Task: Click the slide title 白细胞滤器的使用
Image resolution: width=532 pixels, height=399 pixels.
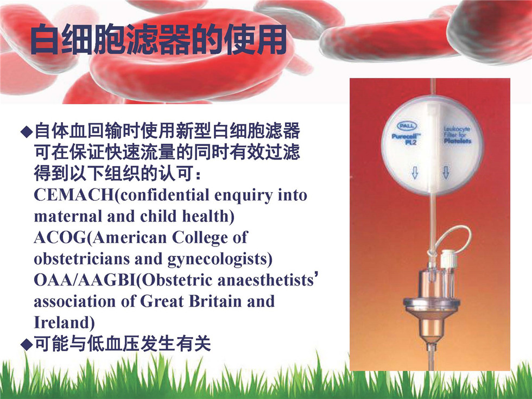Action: (x=159, y=39)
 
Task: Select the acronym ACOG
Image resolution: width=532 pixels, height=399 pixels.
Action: (x=60, y=237)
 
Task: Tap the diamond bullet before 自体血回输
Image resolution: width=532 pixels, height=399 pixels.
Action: (x=27, y=131)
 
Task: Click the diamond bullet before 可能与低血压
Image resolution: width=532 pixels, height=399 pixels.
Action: (x=27, y=344)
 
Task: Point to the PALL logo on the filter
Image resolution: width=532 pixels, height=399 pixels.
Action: (x=407, y=126)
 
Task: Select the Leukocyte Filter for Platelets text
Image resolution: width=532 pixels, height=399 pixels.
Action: (x=457, y=135)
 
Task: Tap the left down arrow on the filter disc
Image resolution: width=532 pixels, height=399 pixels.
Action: (x=415, y=173)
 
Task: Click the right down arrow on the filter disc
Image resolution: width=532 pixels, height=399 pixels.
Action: (x=446, y=173)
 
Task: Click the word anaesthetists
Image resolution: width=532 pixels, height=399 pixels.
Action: (x=265, y=280)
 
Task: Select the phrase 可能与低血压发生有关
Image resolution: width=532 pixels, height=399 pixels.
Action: (x=123, y=344)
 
